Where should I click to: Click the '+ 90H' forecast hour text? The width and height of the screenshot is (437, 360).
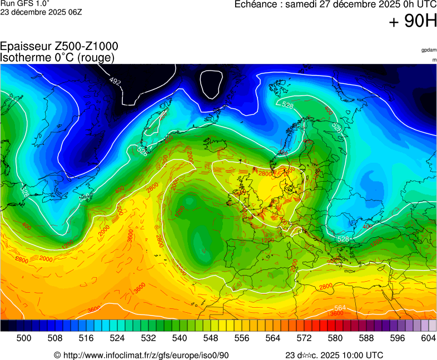pos(413,22)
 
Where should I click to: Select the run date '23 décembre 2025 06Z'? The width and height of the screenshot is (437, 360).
pos(41,12)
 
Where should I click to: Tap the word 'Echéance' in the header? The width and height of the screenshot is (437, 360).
pos(256,4)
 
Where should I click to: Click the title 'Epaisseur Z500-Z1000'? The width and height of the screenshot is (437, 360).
pos(59,47)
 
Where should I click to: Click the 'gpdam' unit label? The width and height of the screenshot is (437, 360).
pos(429,50)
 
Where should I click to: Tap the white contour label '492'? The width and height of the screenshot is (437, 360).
pos(115,82)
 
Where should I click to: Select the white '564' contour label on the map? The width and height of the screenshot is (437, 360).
pos(340,308)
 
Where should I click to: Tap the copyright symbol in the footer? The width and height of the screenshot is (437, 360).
pos(57,355)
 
